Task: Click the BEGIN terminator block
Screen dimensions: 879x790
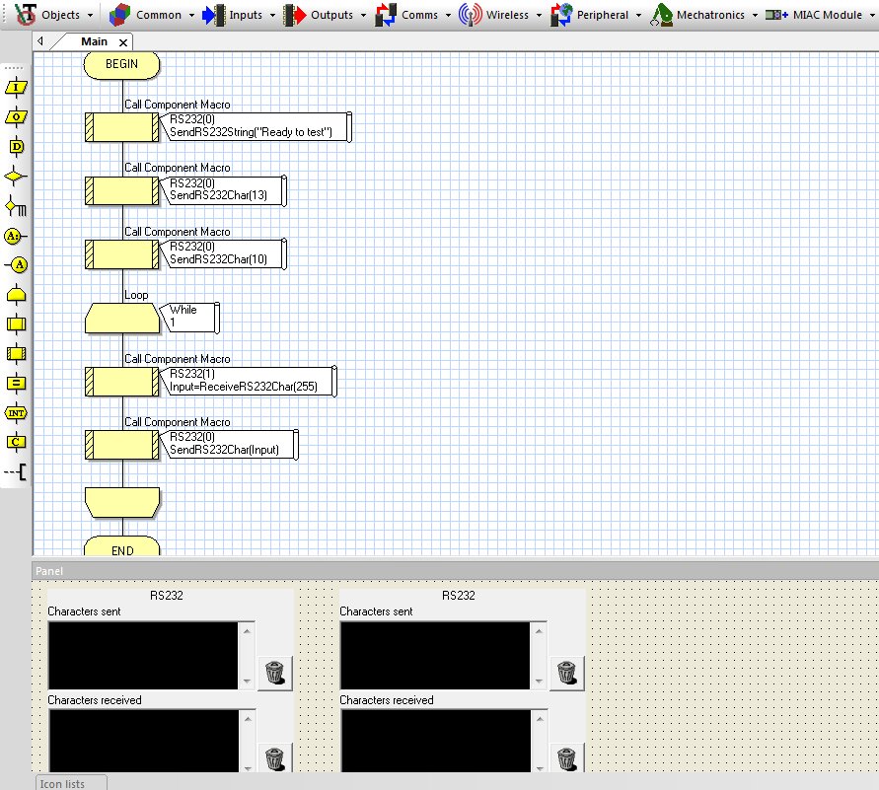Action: coord(121,65)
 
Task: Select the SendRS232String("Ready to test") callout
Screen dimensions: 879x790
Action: coord(256,127)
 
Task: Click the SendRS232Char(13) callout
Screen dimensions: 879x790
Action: coord(223,190)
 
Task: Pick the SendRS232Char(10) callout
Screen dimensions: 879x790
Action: coord(223,254)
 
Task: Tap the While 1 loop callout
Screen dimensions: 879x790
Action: coord(189,318)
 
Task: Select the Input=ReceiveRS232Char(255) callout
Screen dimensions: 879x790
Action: coord(249,382)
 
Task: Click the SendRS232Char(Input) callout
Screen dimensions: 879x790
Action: coord(229,445)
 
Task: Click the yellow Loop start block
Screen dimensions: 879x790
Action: coord(122,319)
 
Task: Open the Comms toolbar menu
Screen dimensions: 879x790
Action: coord(413,15)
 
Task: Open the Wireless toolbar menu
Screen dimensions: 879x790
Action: coord(500,15)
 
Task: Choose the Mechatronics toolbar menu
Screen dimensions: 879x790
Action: coord(704,15)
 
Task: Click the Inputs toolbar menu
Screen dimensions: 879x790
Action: coord(240,15)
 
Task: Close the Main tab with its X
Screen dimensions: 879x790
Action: coord(123,42)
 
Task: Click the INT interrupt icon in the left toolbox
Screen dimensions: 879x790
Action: coord(16,413)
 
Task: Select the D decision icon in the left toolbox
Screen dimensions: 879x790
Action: coord(16,147)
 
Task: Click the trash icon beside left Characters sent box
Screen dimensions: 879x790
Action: coord(274,673)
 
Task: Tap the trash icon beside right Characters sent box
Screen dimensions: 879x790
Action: coord(566,673)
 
